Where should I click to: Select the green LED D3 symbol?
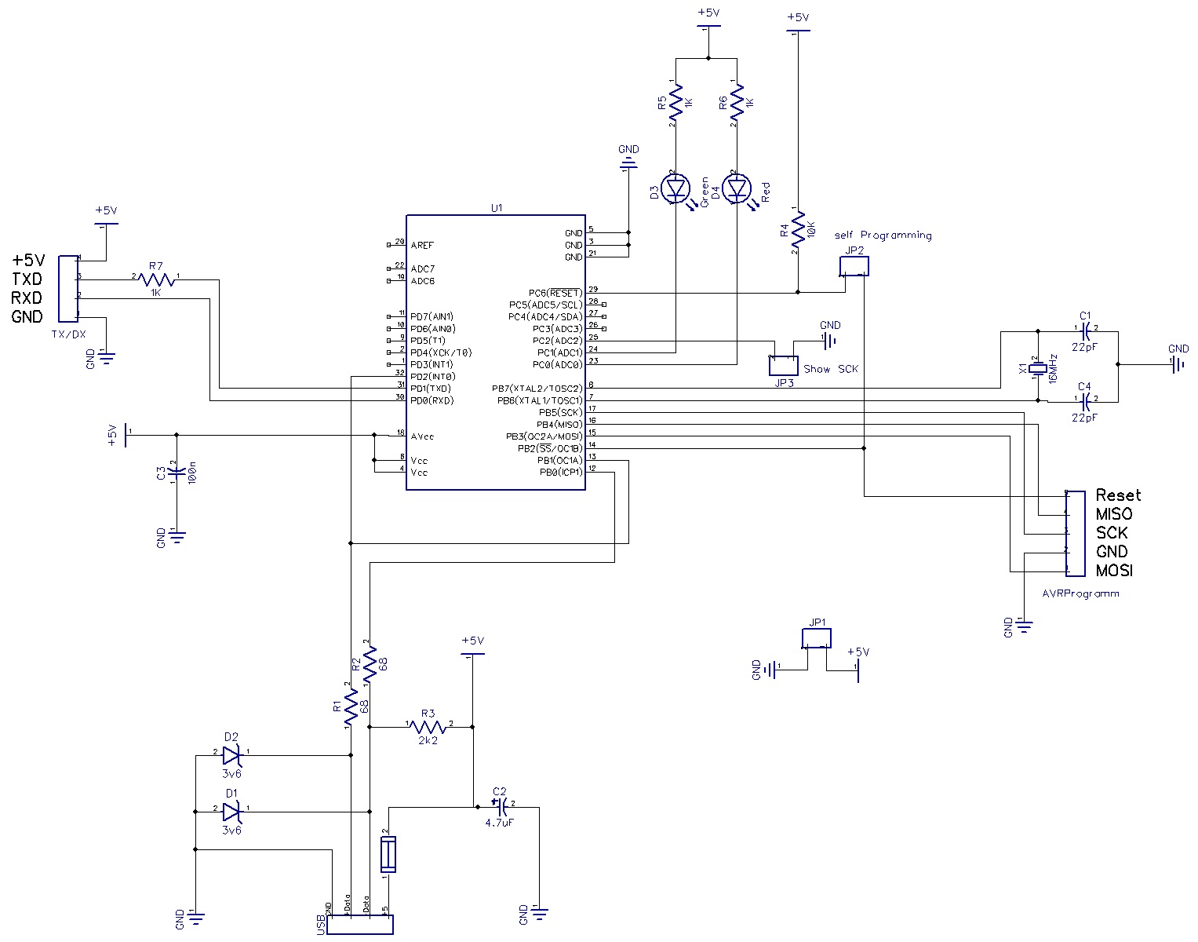click(675, 188)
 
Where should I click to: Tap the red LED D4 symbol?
click(736, 188)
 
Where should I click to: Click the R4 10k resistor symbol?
click(798, 231)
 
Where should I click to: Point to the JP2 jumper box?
click(854, 266)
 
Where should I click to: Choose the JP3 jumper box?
click(783, 364)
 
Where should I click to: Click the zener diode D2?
click(231, 755)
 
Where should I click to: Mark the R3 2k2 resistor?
click(428, 727)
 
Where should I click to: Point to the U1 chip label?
click(496, 208)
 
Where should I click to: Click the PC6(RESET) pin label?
click(555, 293)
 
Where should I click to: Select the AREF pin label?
click(422, 246)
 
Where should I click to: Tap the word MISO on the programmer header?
click(1114, 514)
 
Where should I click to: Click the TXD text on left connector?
click(27, 279)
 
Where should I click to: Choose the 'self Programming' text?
click(883, 235)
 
